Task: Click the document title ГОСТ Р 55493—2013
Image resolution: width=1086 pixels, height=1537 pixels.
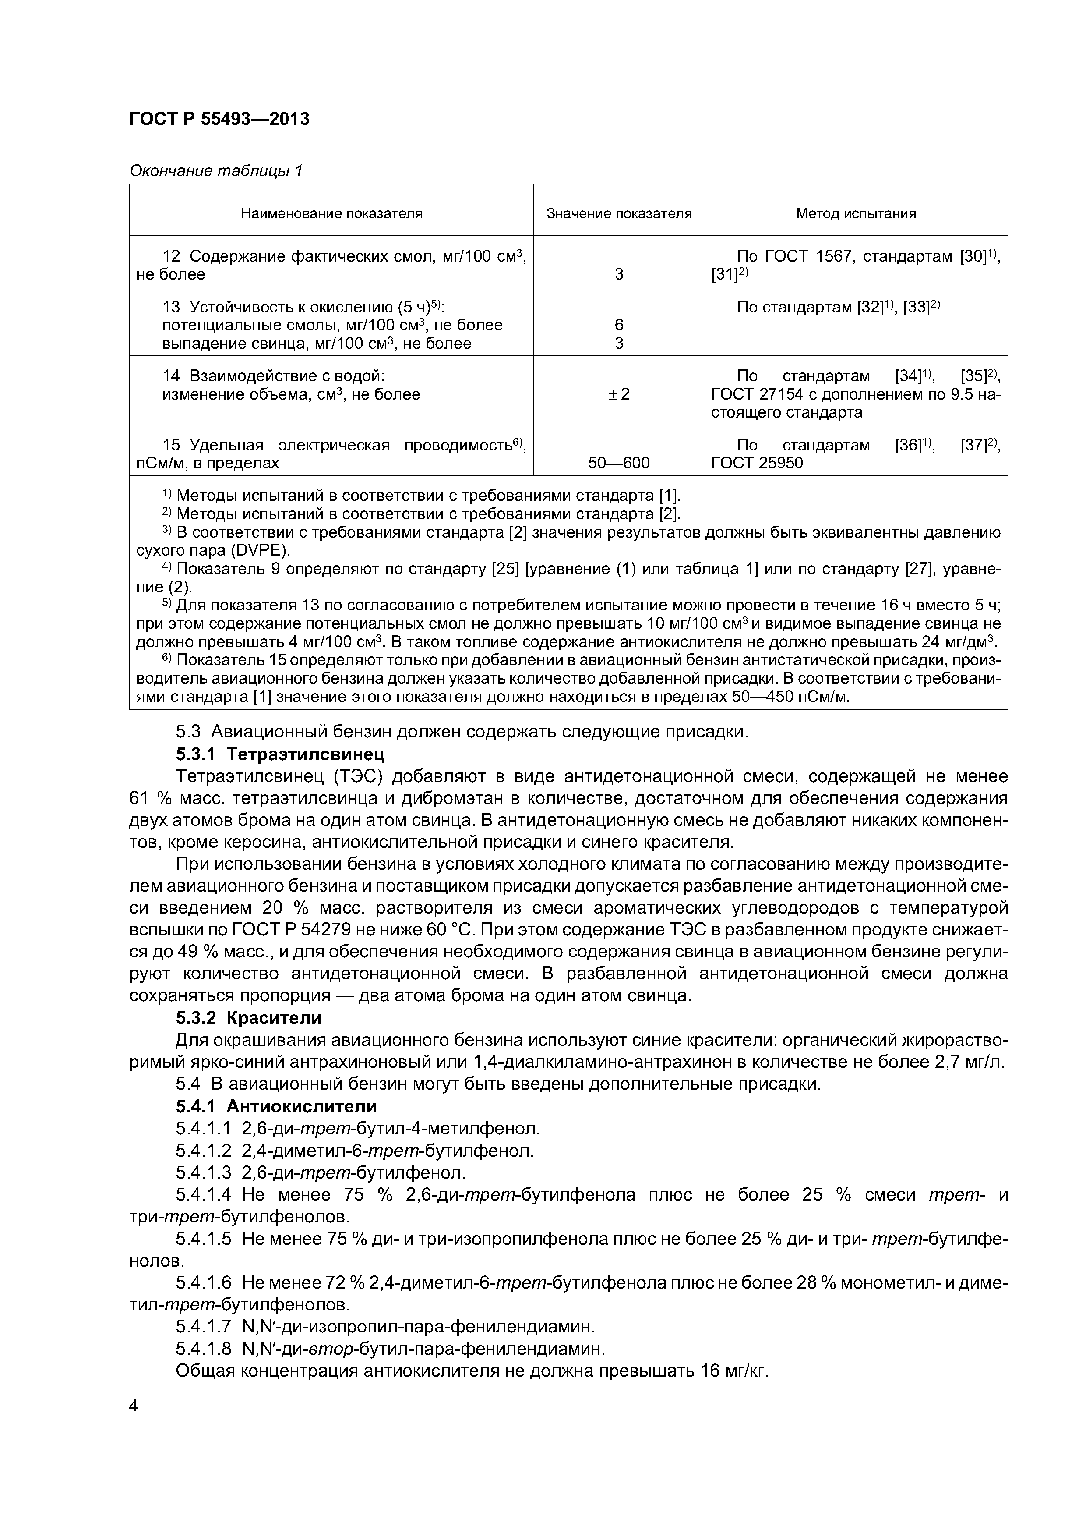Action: coord(219,119)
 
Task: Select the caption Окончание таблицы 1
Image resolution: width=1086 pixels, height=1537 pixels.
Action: coord(216,171)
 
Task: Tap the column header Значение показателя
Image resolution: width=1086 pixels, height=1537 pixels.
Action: coord(619,213)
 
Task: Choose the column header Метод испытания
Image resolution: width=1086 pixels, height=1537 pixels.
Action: coord(855,213)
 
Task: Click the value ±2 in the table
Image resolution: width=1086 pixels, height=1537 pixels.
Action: coord(619,394)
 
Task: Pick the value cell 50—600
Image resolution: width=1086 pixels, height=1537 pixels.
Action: coord(619,463)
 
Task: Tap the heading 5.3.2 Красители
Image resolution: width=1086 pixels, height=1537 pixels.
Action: coord(248,1018)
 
